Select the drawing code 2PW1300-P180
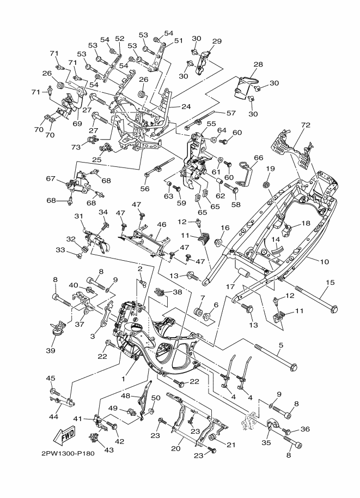point(68,453)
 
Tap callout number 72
point(306,125)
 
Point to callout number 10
point(325,262)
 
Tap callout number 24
point(186,106)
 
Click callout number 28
point(258,64)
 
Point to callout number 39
point(51,350)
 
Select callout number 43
point(109,449)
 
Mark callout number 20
point(176,448)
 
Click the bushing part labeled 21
point(212,439)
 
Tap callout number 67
point(51,179)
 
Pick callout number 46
point(161,225)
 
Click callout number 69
point(77,124)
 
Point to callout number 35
point(266,442)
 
